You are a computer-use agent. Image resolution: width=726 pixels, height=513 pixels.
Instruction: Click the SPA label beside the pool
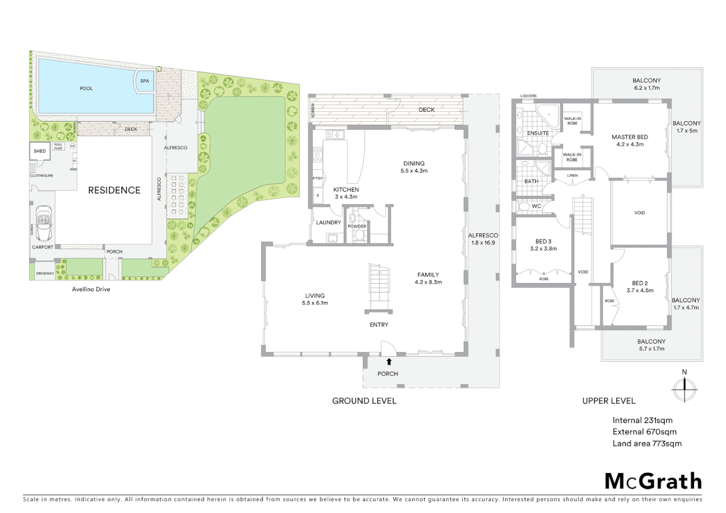(x=144, y=81)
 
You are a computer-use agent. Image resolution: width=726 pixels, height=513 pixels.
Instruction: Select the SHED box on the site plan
(x=40, y=151)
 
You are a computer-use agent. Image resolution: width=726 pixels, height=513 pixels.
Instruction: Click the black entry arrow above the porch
(x=389, y=361)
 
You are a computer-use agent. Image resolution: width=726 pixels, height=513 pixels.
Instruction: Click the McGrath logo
(x=653, y=481)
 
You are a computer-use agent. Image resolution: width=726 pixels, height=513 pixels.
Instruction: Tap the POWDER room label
(x=357, y=227)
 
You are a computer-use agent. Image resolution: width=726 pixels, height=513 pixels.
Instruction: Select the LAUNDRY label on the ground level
(x=328, y=222)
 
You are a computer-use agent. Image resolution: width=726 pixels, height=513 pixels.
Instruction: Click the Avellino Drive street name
(x=91, y=289)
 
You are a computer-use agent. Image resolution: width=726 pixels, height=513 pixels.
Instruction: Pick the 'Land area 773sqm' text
(x=647, y=444)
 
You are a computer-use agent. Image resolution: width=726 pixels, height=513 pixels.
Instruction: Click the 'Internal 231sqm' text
(x=642, y=420)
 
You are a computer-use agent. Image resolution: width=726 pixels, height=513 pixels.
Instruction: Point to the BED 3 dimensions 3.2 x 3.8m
(x=544, y=248)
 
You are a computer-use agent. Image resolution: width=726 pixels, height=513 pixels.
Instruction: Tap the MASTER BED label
(x=630, y=137)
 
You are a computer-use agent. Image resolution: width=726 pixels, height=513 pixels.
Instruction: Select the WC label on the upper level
(x=536, y=206)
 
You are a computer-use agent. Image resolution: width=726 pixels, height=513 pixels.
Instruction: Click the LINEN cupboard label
(x=573, y=175)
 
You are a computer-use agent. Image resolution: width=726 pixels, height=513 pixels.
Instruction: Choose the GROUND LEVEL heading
(x=364, y=401)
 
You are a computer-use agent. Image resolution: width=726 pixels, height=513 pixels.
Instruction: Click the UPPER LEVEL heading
(x=609, y=401)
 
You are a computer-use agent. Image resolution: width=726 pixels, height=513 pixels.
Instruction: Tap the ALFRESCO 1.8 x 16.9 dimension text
(x=483, y=243)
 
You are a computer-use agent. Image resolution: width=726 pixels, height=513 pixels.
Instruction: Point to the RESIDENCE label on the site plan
(x=114, y=190)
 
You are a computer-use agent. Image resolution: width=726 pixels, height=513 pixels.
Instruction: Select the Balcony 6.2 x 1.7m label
(x=647, y=88)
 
